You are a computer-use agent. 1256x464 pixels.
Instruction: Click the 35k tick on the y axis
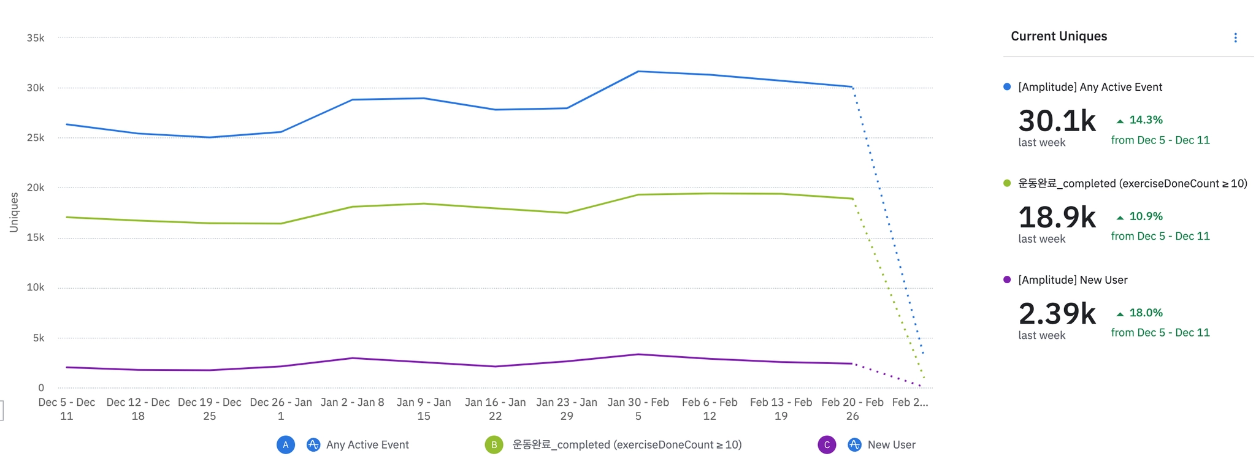tap(36, 38)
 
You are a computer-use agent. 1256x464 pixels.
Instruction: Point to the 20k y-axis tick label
tap(36, 188)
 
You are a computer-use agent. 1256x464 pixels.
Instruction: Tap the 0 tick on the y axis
tap(41, 387)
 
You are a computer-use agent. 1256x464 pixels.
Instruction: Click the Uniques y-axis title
tap(13, 212)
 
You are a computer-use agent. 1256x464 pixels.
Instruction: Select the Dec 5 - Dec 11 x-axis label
tap(66, 409)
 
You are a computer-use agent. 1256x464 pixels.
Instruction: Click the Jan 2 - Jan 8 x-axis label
tap(352, 403)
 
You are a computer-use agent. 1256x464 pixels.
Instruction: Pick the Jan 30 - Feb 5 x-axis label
tap(638, 409)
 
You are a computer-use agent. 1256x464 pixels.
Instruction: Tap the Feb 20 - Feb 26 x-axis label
tap(852, 409)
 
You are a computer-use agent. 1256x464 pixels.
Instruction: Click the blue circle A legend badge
tap(285, 445)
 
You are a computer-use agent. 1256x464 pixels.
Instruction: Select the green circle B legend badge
tap(494, 445)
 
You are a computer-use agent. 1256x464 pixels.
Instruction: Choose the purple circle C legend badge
tap(827, 445)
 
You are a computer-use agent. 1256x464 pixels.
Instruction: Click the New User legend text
tap(891, 445)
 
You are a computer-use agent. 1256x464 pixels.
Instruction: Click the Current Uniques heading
tap(1059, 36)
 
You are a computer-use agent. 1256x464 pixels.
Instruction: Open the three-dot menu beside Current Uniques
tap(1235, 38)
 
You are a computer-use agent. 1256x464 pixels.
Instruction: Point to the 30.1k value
tap(1057, 121)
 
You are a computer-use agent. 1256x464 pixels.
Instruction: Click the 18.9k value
tap(1057, 217)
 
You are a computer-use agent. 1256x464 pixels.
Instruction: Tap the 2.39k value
tap(1057, 314)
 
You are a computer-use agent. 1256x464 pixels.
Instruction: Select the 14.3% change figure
tap(1145, 120)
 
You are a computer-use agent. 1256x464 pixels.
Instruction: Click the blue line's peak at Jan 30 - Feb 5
tap(638, 72)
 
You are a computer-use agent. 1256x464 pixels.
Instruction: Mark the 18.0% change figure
tap(1145, 313)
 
